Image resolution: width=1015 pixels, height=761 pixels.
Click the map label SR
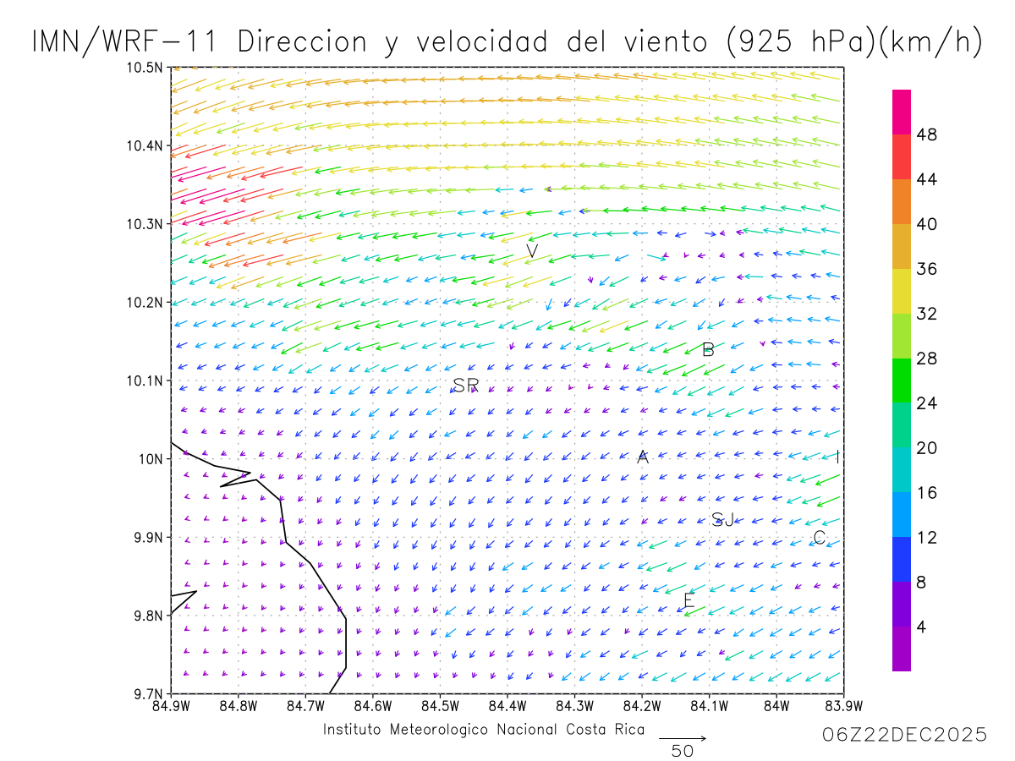[x=465, y=385]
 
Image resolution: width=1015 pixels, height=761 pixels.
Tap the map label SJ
[x=722, y=520]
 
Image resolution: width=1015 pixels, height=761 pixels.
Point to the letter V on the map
[x=532, y=251]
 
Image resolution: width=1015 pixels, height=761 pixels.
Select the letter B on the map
[x=708, y=349]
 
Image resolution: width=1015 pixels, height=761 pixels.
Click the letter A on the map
[x=642, y=457]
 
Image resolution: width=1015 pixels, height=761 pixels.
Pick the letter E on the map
[x=689, y=600]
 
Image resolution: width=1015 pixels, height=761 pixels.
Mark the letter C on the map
[x=819, y=538]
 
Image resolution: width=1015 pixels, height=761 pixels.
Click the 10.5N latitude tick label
[x=145, y=68]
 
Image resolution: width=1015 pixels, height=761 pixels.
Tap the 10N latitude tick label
[x=151, y=459]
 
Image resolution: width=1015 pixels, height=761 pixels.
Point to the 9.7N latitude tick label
[x=148, y=694]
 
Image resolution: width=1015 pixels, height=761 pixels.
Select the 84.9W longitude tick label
[x=171, y=707]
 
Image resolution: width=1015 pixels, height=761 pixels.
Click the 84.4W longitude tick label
[x=507, y=707]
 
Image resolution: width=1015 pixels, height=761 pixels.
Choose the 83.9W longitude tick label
[x=844, y=707]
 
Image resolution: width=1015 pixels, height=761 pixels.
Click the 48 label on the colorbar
[x=927, y=134]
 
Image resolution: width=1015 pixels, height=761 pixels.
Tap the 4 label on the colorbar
[x=922, y=627]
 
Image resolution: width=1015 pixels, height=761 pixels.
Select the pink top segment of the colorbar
[x=902, y=112]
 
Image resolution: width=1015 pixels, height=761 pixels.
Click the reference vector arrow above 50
[x=683, y=738]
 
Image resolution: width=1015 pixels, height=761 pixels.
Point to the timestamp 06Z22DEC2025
[x=904, y=735]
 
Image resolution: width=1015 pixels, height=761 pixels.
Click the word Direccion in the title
[x=302, y=41]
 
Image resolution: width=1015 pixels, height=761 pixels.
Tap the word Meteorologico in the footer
[x=438, y=730]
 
